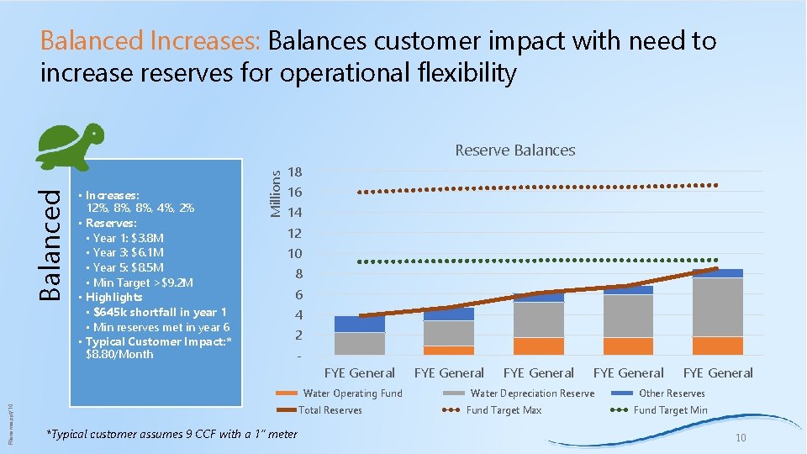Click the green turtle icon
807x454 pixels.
71,146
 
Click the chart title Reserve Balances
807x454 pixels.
514,150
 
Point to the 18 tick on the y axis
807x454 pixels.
295,172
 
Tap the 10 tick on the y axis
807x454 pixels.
295,253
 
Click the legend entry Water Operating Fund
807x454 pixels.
352,393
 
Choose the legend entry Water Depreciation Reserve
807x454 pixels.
532,393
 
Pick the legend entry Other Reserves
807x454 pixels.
672,393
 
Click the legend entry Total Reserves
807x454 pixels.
330,410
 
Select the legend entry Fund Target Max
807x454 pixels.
504,410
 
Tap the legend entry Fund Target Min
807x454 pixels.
670,410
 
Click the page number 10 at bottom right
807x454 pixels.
741,438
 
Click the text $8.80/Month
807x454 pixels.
119,355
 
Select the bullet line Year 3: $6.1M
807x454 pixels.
129,252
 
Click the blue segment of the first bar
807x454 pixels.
360,324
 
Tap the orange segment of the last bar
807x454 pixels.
717,346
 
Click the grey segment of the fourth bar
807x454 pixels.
628,315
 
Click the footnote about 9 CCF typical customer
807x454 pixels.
171,434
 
